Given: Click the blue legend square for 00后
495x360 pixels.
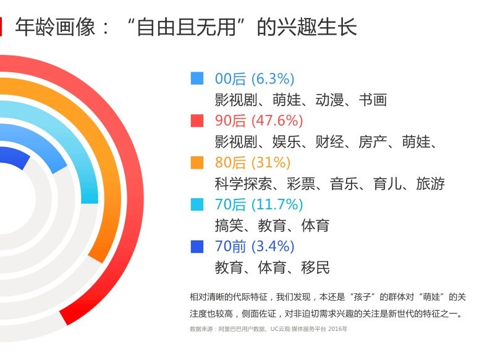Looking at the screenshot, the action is [x=197, y=78].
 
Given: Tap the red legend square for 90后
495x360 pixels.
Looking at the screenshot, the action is [x=197, y=120].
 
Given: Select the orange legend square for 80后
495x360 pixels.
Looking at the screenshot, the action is [x=197, y=162].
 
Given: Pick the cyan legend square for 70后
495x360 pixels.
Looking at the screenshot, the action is [x=197, y=204].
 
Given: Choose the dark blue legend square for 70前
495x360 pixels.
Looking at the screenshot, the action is [x=197, y=246].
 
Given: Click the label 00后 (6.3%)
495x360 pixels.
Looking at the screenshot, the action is [x=255, y=78].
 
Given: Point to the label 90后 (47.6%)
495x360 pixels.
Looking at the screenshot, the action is [x=259, y=120].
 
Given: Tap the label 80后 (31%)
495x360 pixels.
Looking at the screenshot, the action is [x=253, y=162].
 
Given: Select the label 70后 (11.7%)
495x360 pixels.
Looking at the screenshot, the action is [x=259, y=204].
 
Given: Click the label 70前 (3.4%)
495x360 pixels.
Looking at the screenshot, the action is [x=255, y=246].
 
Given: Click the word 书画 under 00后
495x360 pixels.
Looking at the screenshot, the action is [x=373, y=99].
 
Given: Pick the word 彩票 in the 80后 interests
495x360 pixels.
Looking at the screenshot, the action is [x=301, y=183].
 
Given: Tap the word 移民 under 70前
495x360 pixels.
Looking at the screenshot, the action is [x=315, y=267].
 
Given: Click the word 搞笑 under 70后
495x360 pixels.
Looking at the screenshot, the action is [x=229, y=225].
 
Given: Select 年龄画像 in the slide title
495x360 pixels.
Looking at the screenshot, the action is [x=55, y=27].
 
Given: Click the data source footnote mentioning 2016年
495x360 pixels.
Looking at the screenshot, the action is [x=268, y=329].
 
